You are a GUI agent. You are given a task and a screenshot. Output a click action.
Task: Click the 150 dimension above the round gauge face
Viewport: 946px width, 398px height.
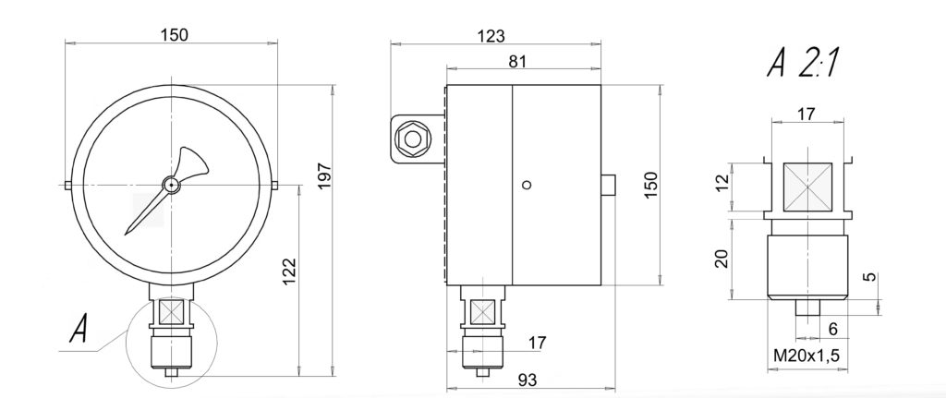(x=174, y=35)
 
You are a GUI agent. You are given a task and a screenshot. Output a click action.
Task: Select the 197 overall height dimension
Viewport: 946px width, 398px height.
(x=324, y=175)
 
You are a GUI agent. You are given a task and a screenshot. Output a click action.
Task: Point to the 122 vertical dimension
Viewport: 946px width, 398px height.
(x=290, y=271)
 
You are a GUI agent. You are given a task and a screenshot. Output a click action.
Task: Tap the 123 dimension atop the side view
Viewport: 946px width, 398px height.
(x=491, y=36)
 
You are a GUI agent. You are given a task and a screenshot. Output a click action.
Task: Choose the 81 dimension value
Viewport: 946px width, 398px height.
(x=517, y=62)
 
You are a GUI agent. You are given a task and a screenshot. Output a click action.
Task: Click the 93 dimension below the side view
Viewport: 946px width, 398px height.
(x=527, y=380)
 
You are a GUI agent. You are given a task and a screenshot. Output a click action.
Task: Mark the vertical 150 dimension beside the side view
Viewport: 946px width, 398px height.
(x=651, y=186)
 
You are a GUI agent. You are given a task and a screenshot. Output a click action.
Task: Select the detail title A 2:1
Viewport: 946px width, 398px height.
(x=802, y=63)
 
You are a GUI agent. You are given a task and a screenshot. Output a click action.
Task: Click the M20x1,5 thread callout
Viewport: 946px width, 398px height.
(x=807, y=356)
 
